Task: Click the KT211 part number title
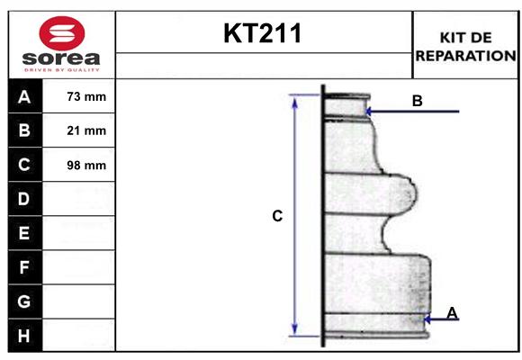coord(263,34)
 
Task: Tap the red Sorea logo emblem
coord(61,35)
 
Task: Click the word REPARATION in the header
coord(465,56)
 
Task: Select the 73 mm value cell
coord(86,96)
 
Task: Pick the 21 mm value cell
coord(86,130)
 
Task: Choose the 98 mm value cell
coord(86,165)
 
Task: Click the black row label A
coord(24,96)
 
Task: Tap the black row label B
coord(24,130)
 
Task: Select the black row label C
coord(24,165)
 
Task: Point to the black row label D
coord(24,199)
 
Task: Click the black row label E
coord(24,233)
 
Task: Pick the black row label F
coord(24,267)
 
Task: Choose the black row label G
coord(24,301)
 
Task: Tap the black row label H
coord(24,336)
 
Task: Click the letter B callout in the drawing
coord(417,101)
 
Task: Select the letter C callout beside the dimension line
coord(277,216)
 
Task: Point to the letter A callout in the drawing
coord(452,312)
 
